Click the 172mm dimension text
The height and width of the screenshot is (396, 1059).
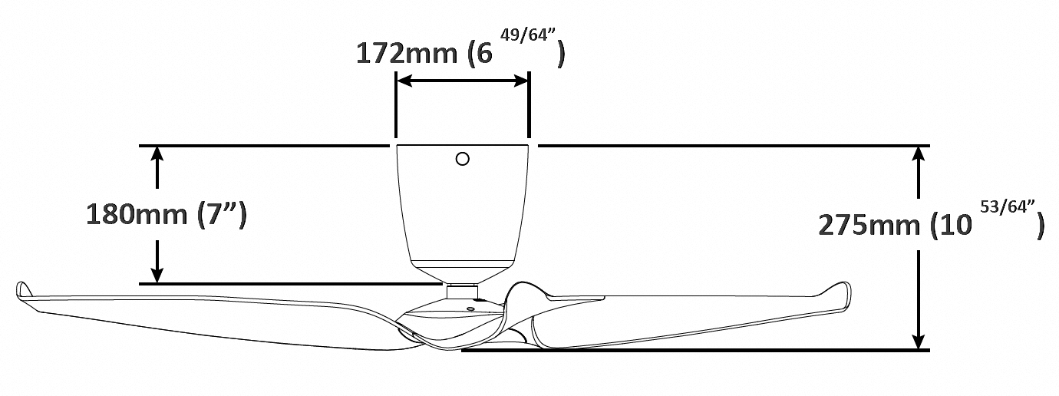[406, 54]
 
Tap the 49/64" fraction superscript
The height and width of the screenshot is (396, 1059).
[527, 35]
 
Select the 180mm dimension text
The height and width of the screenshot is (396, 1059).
[137, 215]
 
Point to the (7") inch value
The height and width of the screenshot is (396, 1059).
[221, 215]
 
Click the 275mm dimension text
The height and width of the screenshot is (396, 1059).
[869, 226]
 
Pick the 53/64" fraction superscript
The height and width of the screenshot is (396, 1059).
[1008, 207]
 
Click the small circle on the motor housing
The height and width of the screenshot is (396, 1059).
[463, 160]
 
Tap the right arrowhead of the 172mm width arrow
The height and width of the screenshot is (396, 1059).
[520, 81]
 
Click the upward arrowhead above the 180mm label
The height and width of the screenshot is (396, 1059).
[157, 155]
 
